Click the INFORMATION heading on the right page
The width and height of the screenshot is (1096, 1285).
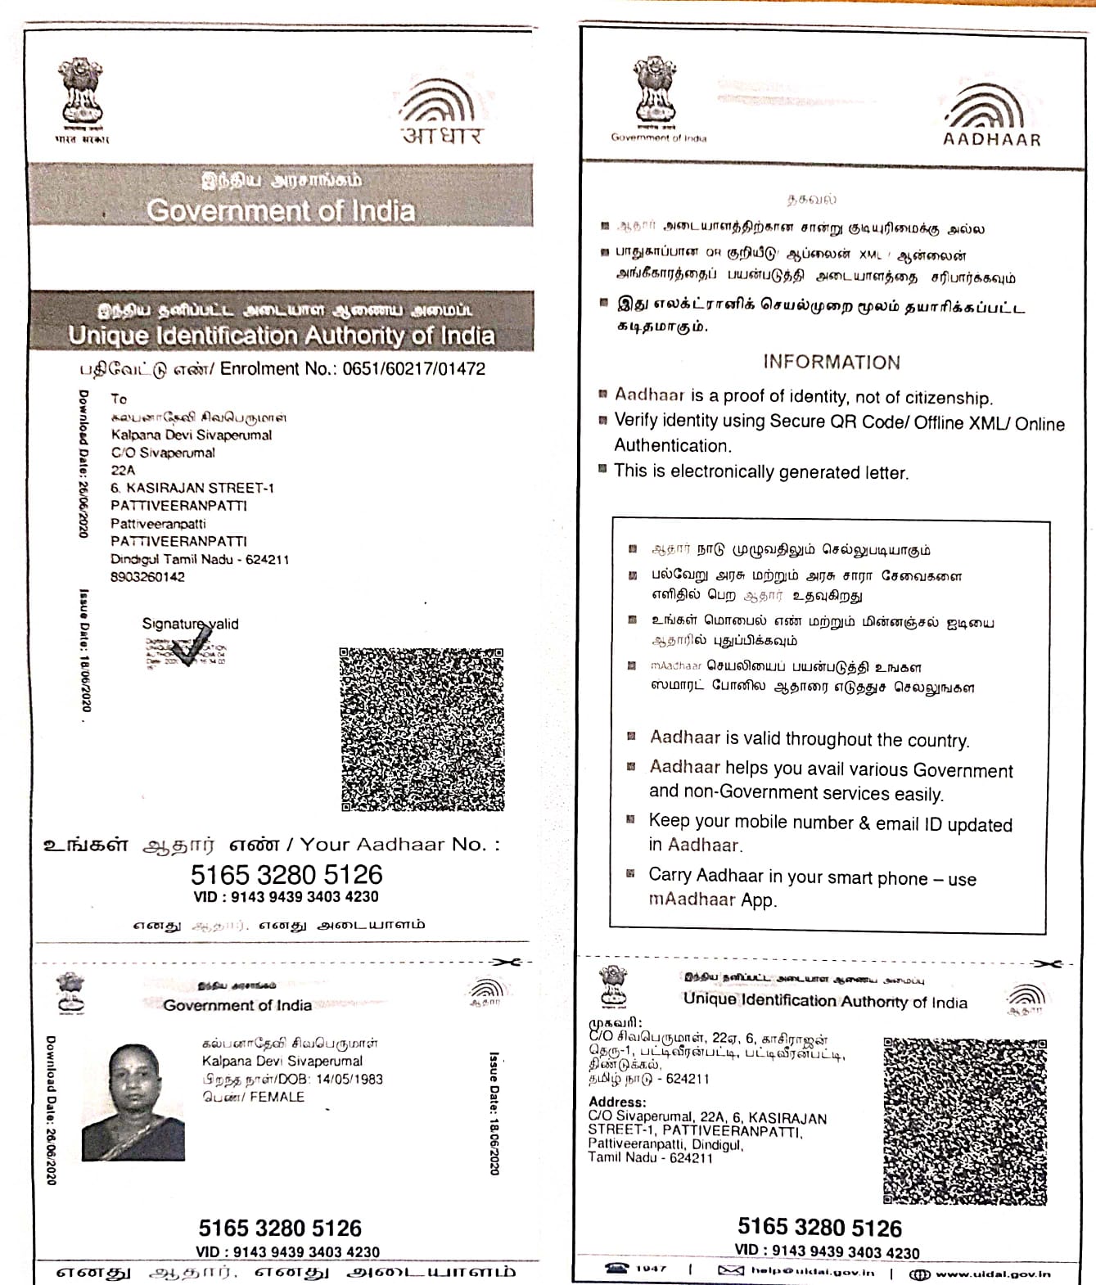[x=832, y=362]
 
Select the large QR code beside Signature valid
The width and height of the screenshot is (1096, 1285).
[x=422, y=729]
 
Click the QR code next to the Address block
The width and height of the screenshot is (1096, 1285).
[x=965, y=1120]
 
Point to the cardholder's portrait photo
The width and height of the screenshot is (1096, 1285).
[x=133, y=1102]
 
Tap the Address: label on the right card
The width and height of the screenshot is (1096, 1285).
[x=617, y=1102]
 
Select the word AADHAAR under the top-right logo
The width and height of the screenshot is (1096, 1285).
[x=992, y=139]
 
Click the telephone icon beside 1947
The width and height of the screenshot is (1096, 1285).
[x=617, y=1269]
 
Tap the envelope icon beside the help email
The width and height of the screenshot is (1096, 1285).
[x=730, y=1270]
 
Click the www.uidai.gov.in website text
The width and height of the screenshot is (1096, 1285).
[x=992, y=1274]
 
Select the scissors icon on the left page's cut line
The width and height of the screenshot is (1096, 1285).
[x=507, y=962]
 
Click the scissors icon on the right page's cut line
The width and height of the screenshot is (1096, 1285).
[x=1047, y=963]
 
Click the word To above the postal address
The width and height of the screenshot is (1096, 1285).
[x=119, y=399]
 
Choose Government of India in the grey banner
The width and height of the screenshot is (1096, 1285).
[x=281, y=211]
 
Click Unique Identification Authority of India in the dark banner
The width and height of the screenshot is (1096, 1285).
[x=282, y=336]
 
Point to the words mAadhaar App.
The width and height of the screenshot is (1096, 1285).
[x=712, y=899]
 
